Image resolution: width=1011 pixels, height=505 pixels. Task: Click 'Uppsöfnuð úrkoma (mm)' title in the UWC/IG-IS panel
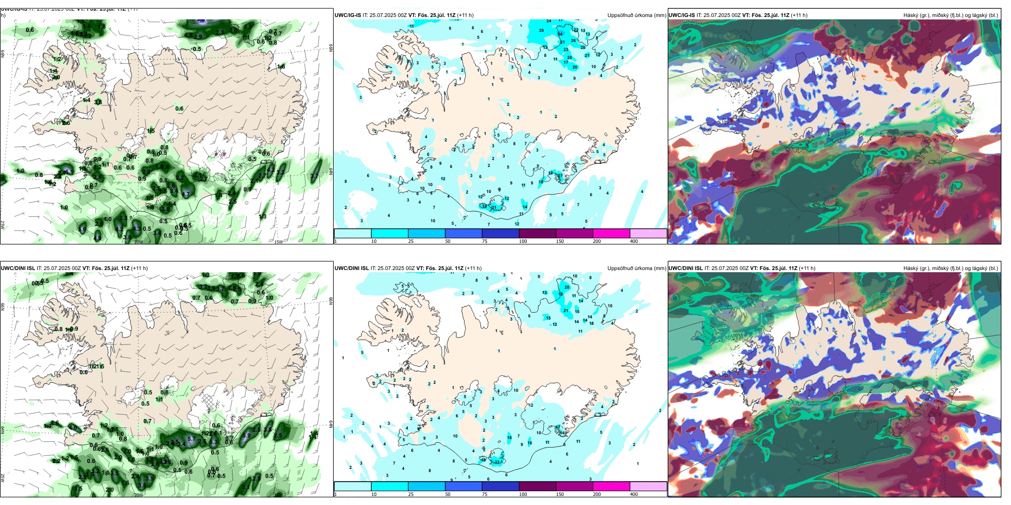(x=636, y=15)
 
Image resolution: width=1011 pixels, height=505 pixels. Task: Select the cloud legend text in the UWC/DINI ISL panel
(x=950, y=268)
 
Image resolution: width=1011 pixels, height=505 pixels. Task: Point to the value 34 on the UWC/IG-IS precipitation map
(x=560, y=34)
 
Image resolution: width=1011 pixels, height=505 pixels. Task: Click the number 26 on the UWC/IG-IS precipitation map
(x=573, y=40)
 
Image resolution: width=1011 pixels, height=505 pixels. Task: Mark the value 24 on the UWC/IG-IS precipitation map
(x=549, y=21)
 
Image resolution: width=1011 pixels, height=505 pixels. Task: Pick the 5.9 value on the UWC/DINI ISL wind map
(x=246, y=435)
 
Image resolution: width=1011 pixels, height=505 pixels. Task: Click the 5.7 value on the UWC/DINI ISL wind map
(x=191, y=439)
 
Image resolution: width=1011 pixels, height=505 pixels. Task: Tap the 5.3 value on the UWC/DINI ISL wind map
(x=213, y=442)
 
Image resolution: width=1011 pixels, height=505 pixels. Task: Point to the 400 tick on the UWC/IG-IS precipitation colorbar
(x=634, y=241)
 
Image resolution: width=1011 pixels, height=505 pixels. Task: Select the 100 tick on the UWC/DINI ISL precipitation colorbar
(x=523, y=494)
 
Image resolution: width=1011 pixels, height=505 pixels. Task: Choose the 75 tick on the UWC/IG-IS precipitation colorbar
(x=485, y=241)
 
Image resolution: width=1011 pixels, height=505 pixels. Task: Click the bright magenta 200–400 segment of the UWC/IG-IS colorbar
(x=611, y=233)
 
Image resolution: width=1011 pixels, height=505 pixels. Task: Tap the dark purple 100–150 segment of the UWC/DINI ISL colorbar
(x=537, y=486)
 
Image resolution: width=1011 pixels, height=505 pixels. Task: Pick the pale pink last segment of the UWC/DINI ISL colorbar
(x=648, y=486)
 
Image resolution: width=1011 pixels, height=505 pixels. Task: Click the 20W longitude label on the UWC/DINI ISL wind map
(x=138, y=495)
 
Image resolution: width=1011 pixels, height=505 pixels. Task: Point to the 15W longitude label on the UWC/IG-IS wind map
(x=278, y=242)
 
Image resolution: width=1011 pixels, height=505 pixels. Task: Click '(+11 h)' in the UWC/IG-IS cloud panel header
(x=799, y=15)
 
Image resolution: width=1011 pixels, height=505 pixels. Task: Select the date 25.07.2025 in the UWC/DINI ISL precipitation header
(x=391, y=268)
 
